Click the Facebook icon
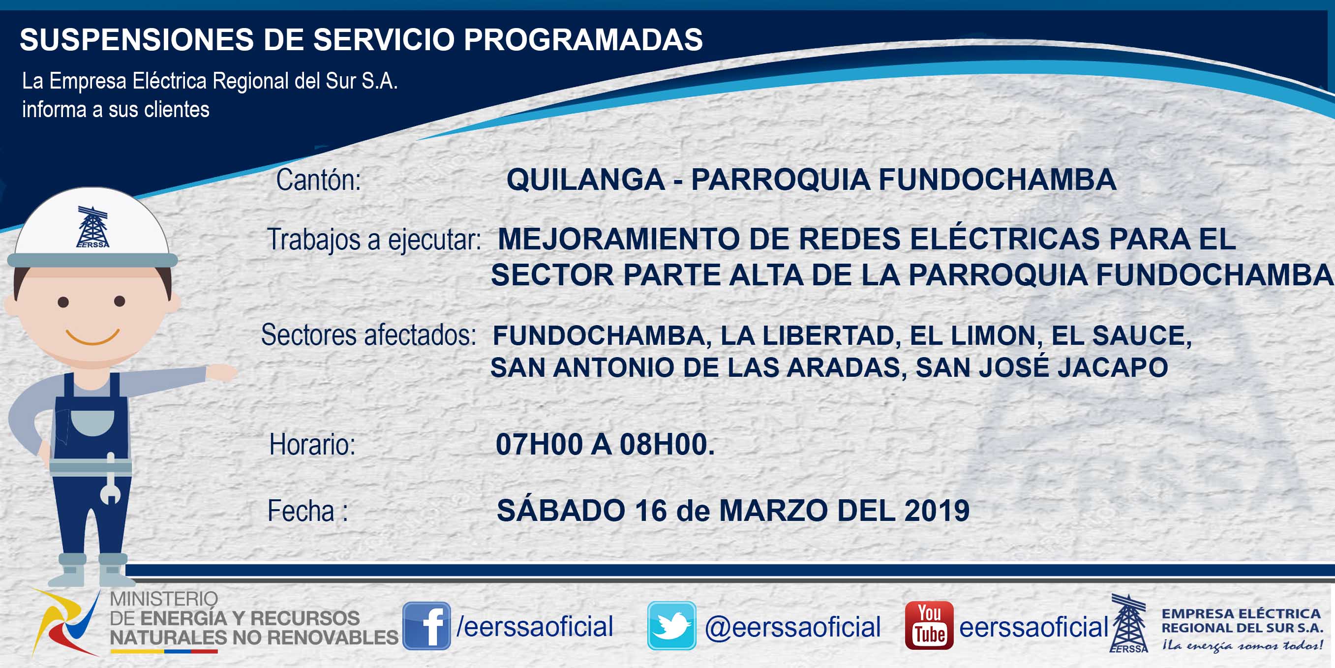tap(426, 626)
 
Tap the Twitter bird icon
tap(671, 626)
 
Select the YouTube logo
tap(929, 626)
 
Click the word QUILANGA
tap(586, 180)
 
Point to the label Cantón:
tap(318, 180)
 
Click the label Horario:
tap(312, 445)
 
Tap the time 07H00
tap(539, 444)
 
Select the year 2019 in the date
tap(937, 511)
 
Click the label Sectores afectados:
tap(368, 335)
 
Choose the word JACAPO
tap(1113, 367)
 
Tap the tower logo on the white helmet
tap(93, 226)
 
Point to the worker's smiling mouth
tap(93, 337)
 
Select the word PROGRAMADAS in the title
tap(583, 39)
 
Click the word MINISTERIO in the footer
tap(164, 599)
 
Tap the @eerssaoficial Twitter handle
tap(792, 627)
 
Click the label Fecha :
tap(307, 511)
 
